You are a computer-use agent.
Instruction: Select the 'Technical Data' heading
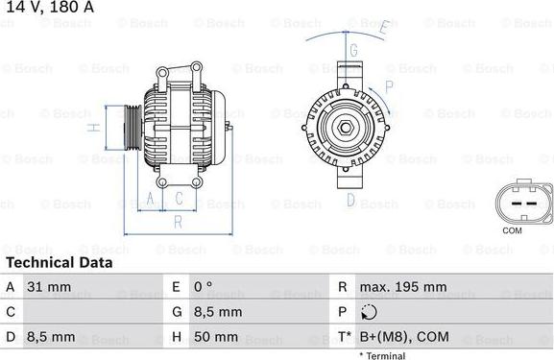(x=59, y=262)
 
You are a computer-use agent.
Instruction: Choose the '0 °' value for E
(x=204, y=287)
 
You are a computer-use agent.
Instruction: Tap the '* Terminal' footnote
(x=382, y=355)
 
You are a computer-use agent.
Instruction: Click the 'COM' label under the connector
(x=512, y=230)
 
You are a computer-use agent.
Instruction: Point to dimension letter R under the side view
(x=177, y=222)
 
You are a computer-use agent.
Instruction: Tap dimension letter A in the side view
(x=150, y=199)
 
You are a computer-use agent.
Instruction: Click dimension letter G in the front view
(x=353, y=50)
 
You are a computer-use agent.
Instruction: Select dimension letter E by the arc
(x=382, y=28)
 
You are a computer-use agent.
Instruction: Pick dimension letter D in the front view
(x=351, y=200)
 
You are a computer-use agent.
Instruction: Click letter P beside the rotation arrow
(x=388, y=86)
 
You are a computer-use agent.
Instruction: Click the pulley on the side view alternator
(x=131, y=128)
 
